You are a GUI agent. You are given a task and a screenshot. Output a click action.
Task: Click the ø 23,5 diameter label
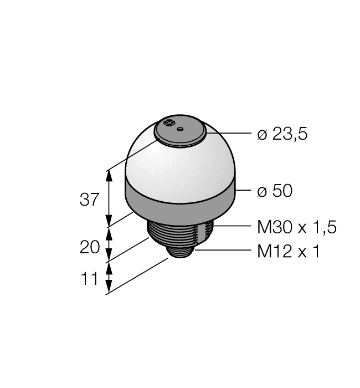(x=282, y=135)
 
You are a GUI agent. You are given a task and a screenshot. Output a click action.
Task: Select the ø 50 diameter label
(x=275, y=191)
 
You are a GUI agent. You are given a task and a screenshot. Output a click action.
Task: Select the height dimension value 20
(x=90, y=247)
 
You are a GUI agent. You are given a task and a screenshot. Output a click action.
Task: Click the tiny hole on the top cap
(x=180, y=130)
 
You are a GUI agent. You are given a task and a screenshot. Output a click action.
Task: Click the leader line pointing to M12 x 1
(x=222, y=251)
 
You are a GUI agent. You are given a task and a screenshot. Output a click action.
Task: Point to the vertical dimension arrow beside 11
(x=109, y=277)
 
